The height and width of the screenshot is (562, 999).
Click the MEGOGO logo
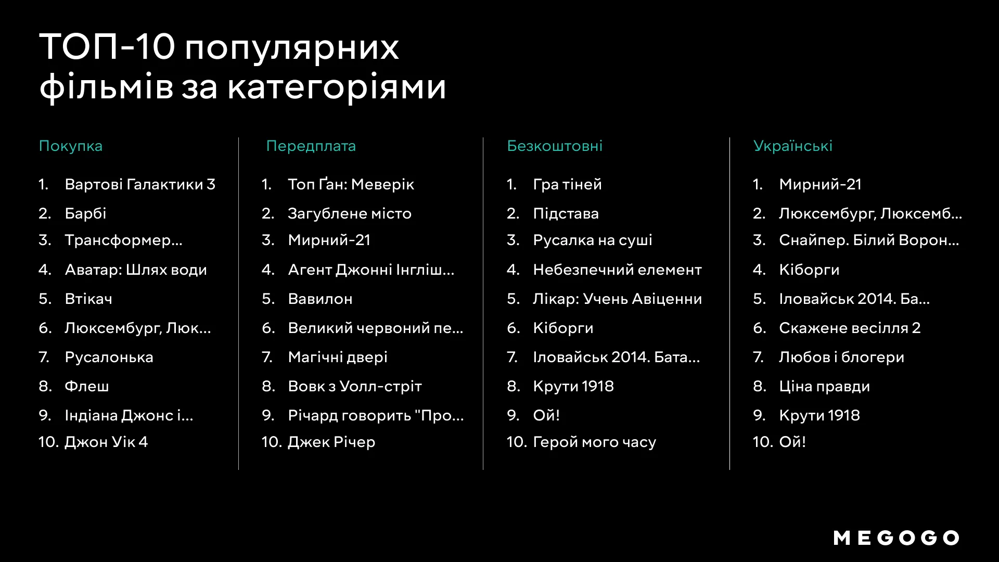point(896,538)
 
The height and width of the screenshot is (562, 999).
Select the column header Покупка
point(71,146)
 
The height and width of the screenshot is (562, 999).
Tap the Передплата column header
point(311,146)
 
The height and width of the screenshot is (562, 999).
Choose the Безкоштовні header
point(555,146)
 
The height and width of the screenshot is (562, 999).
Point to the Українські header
point(793,146)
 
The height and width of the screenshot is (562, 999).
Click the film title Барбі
point(85,213)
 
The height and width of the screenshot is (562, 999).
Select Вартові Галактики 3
point(140,184)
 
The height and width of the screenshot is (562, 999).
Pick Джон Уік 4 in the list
point(106,442)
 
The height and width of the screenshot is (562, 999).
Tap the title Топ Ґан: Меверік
point(351,184)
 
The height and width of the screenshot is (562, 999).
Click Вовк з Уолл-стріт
point(355,386)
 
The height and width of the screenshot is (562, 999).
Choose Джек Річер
point(331,442)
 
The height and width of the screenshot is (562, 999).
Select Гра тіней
point(567,184)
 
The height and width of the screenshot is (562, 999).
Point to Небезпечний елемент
point(618,270)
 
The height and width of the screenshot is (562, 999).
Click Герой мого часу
point(595,442)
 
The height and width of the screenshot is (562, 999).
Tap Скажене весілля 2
point(850,328)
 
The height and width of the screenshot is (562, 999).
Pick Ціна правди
point(824,386)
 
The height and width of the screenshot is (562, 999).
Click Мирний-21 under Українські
point(820,184)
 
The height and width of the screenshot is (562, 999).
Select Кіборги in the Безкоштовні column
point(563,328)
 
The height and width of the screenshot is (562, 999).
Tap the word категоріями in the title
point(337,86)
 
